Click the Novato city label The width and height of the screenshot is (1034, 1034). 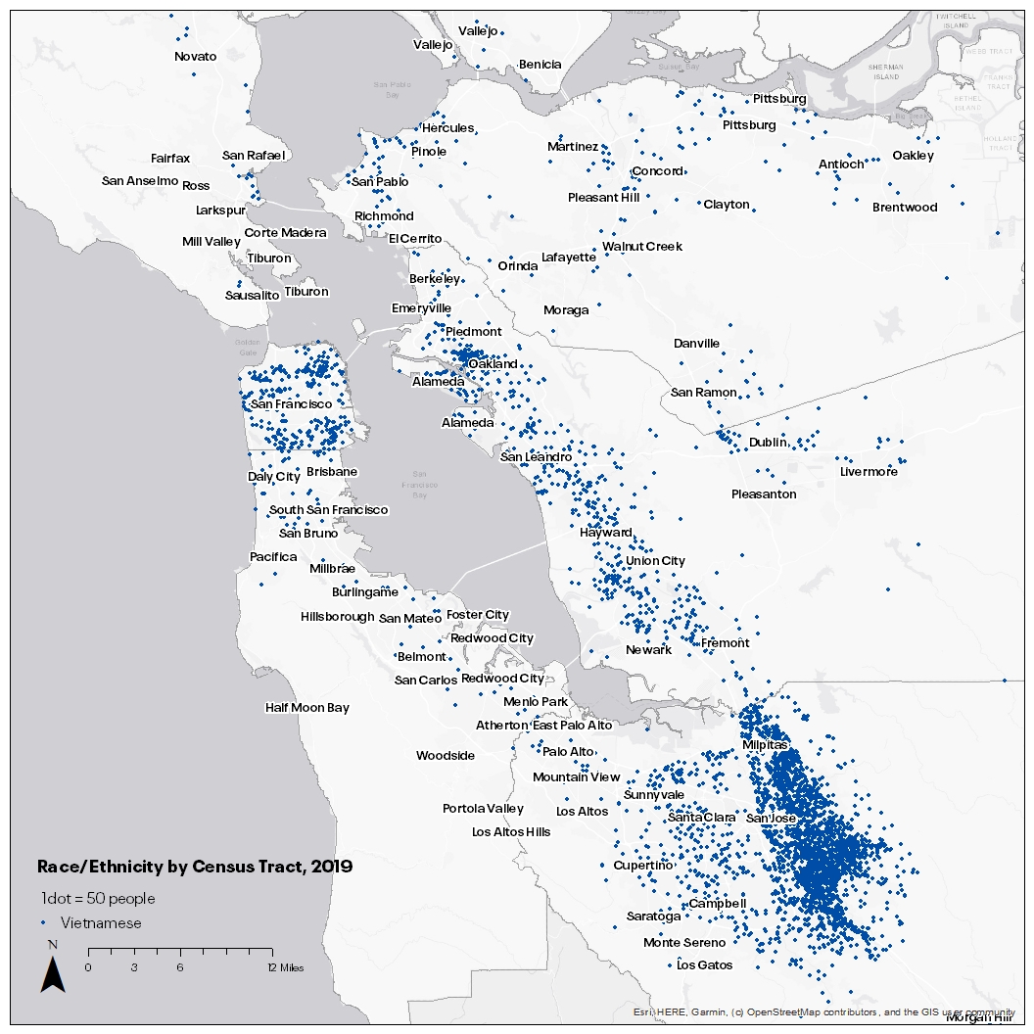coord(195,56)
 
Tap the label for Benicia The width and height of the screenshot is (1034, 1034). coord(540,65)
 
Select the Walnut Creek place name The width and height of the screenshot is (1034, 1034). coord(642,246)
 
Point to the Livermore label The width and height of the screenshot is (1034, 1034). coord(869,471)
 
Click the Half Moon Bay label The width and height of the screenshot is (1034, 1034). coord(307,707)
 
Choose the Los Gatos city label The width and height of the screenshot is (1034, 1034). coord(705,964)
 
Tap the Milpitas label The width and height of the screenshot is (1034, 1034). coord(765,745)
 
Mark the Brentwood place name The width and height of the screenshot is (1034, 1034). coord(905,207)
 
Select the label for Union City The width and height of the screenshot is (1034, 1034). coord(655,561)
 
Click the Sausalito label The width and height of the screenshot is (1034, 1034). coord(253,295)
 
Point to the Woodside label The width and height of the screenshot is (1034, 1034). coord(446,755)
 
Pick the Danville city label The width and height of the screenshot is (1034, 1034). coord(696,344)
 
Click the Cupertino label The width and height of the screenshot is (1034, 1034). coord(642,866)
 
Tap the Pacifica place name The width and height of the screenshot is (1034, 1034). coord(273,556)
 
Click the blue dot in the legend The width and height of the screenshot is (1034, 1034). coord(43,923)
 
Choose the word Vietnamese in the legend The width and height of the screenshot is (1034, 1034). coord(101,923)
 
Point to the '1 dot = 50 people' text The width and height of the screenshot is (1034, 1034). coord(98,898)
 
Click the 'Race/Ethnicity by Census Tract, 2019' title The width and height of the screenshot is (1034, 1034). coord(195,867)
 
